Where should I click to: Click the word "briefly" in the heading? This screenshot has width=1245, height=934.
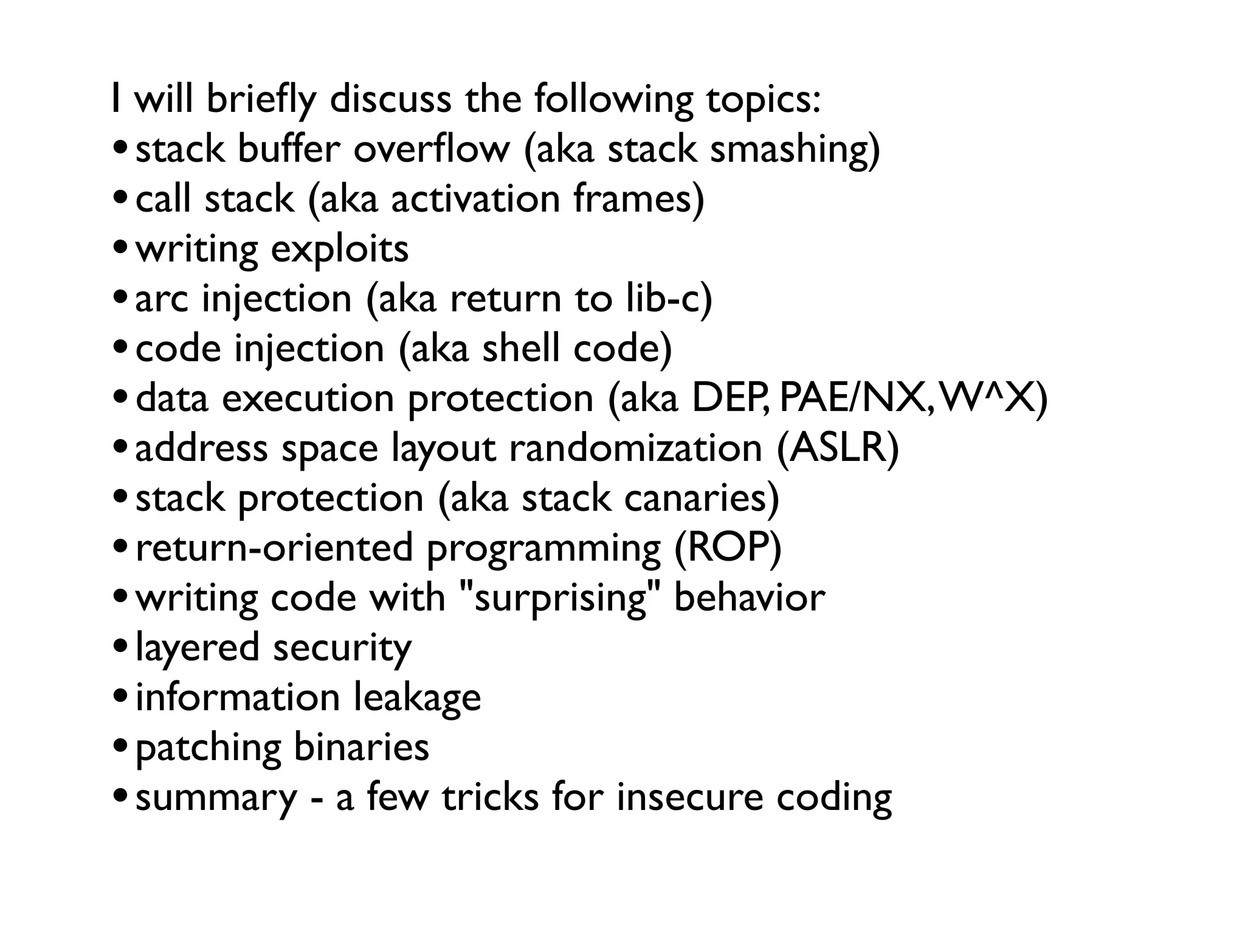coord(261,101)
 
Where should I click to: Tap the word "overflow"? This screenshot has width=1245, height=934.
coord(432,150)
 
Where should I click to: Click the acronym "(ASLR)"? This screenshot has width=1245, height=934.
coord(838,449)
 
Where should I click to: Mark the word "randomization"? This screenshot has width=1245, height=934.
coord(636,449)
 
